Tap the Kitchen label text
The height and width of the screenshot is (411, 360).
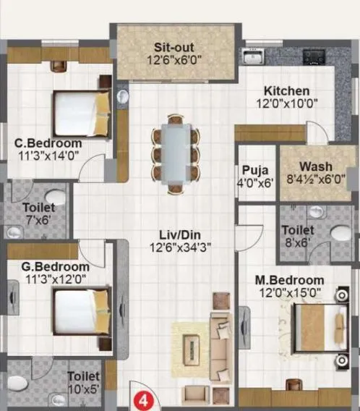coord(287,91)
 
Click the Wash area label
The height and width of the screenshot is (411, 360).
coord(316,166)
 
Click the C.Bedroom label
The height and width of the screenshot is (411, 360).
coord(46,143)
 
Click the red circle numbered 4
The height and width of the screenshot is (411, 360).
coord(145,399)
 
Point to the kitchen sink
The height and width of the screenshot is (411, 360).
coord(254,56)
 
